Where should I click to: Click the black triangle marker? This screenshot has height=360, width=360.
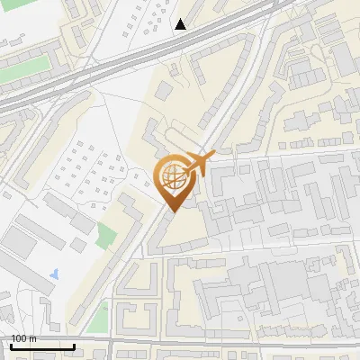[x=181, y=24]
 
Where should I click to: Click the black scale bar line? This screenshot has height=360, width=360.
[x=42, y=346]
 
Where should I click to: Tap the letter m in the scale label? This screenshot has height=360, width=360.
[x=33, y=338]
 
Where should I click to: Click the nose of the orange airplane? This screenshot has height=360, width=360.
[x=213, y=157]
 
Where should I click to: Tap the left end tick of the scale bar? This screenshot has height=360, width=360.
[x=11, y=345]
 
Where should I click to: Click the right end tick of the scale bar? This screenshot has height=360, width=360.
[x=74, y=345]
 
